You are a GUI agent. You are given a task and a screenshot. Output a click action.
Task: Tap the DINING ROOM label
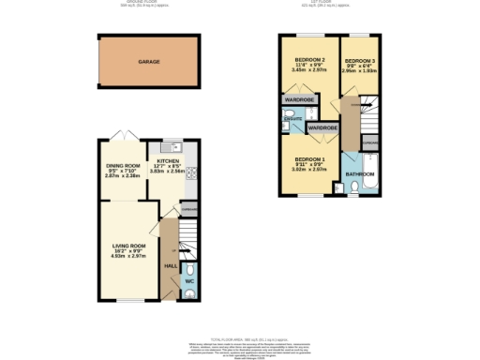[122, 165]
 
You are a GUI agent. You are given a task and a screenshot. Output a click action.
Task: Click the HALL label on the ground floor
[171, 266]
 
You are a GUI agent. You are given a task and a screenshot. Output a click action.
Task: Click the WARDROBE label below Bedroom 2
[298, 97]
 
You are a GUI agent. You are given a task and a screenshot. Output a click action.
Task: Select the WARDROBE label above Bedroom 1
[322, 127]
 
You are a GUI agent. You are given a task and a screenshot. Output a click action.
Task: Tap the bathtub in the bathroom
[360, 191]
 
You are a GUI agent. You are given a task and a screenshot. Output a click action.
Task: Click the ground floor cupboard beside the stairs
[188, 208]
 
